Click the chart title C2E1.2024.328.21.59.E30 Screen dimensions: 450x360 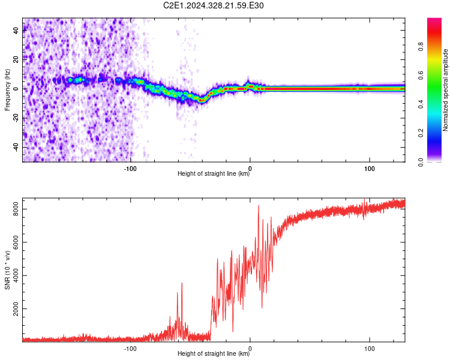pos(213,5)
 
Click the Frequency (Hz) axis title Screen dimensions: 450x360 pos(7,90)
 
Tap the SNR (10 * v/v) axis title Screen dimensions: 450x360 pos(7,270)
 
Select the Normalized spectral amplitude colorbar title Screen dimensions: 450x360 pos(445,90)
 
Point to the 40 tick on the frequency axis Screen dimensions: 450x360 pos(16,31)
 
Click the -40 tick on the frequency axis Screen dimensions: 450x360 pos(16,147)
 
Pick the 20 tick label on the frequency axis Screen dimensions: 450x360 pos(16,60)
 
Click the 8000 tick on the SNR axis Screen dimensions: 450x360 pos(16,209)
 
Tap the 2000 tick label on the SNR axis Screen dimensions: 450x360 pos(16,308)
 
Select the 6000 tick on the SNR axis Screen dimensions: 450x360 pos(16,242)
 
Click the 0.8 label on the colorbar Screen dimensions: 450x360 pos(421,46)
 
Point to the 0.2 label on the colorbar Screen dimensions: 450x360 pos(421,133)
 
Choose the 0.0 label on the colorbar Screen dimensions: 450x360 pos(421,162)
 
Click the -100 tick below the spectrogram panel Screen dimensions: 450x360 pos(130,169)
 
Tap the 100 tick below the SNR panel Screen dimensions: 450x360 pos(370,349)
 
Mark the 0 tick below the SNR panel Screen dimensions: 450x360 pos(250,349)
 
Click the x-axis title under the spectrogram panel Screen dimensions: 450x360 pos(214,173)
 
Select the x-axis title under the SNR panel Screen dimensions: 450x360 pos(214,353)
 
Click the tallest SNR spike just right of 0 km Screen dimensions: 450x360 pos(259,206)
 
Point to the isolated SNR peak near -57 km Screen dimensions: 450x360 pos(182,283)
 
